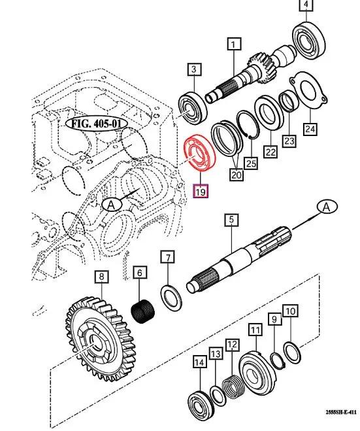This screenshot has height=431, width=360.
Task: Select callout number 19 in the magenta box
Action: point(201,192)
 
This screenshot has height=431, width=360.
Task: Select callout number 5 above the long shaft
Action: point(230,220)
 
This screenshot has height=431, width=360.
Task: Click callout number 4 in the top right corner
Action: point(305,7)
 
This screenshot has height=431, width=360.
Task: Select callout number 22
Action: point(269,150)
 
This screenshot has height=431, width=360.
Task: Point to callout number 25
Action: point(248,162)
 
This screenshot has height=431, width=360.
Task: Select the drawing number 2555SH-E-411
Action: point(339,413)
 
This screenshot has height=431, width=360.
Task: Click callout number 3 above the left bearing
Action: point(193,69)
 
